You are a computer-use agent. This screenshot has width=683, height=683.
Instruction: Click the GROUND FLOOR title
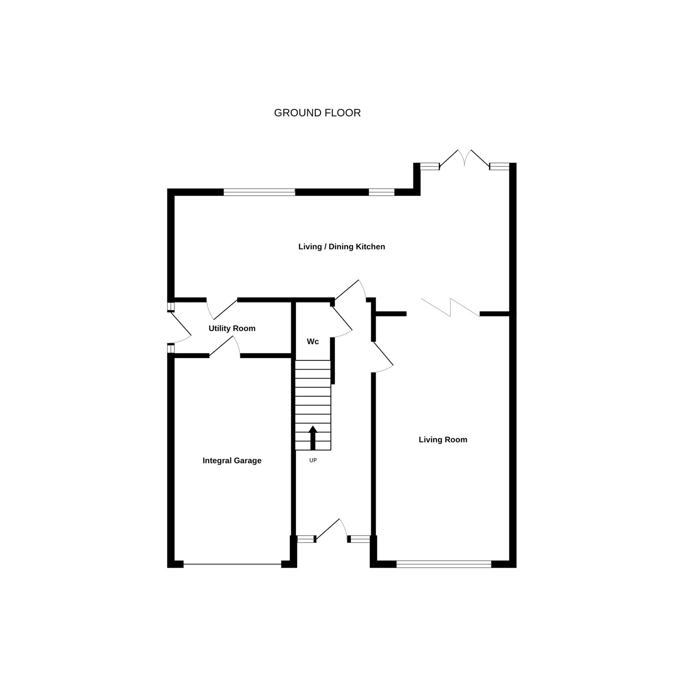(317, 113)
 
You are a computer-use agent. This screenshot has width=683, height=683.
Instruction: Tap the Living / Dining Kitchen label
(341, 247)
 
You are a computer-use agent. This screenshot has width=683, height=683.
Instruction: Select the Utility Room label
(232, 328)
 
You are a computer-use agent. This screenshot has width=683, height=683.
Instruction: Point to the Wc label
(313, 341)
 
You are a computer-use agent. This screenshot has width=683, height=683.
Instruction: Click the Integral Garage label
(232, 461)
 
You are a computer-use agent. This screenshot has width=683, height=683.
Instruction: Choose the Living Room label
(443, 440)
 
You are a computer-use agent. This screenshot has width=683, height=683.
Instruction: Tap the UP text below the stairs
(313, 461)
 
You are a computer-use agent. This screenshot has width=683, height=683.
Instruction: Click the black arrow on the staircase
(313, 438)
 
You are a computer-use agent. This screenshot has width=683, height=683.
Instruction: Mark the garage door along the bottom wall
(232, 564)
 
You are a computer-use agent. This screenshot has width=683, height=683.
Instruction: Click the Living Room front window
(444, 564)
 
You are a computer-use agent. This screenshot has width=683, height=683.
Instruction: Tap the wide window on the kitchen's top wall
(259, 192)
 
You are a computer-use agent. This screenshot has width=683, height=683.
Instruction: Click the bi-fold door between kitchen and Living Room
(450, 307)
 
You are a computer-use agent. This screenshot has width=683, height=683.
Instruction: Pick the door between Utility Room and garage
(225, 346)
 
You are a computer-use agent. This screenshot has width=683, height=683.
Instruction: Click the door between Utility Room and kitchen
(222, 309)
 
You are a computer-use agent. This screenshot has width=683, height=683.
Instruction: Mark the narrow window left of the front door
(306, 539)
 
